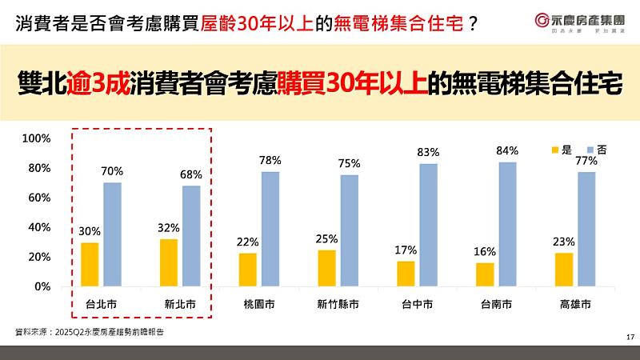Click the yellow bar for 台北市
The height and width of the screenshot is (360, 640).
tap(90, 264)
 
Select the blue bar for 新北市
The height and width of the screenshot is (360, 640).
tap(191, 236)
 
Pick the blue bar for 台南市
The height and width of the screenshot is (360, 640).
tap(508, 224)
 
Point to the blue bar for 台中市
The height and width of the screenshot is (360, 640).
tap(429, 225)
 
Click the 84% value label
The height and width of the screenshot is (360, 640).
tap(507, 150)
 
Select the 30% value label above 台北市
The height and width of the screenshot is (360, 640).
tap(90, 231)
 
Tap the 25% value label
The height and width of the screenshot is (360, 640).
tap(326, 238)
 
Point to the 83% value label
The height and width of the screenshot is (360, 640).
tap(429, 152)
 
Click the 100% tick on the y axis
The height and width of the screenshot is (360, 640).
tap(36, 138)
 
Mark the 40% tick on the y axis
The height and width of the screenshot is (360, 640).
tap(39, 227)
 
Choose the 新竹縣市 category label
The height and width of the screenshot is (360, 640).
tap(338, 305)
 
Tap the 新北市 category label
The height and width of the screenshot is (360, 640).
tap(180, 305)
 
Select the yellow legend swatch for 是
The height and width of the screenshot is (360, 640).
tap(556, 150)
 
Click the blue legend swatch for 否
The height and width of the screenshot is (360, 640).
tap(590, 150)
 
